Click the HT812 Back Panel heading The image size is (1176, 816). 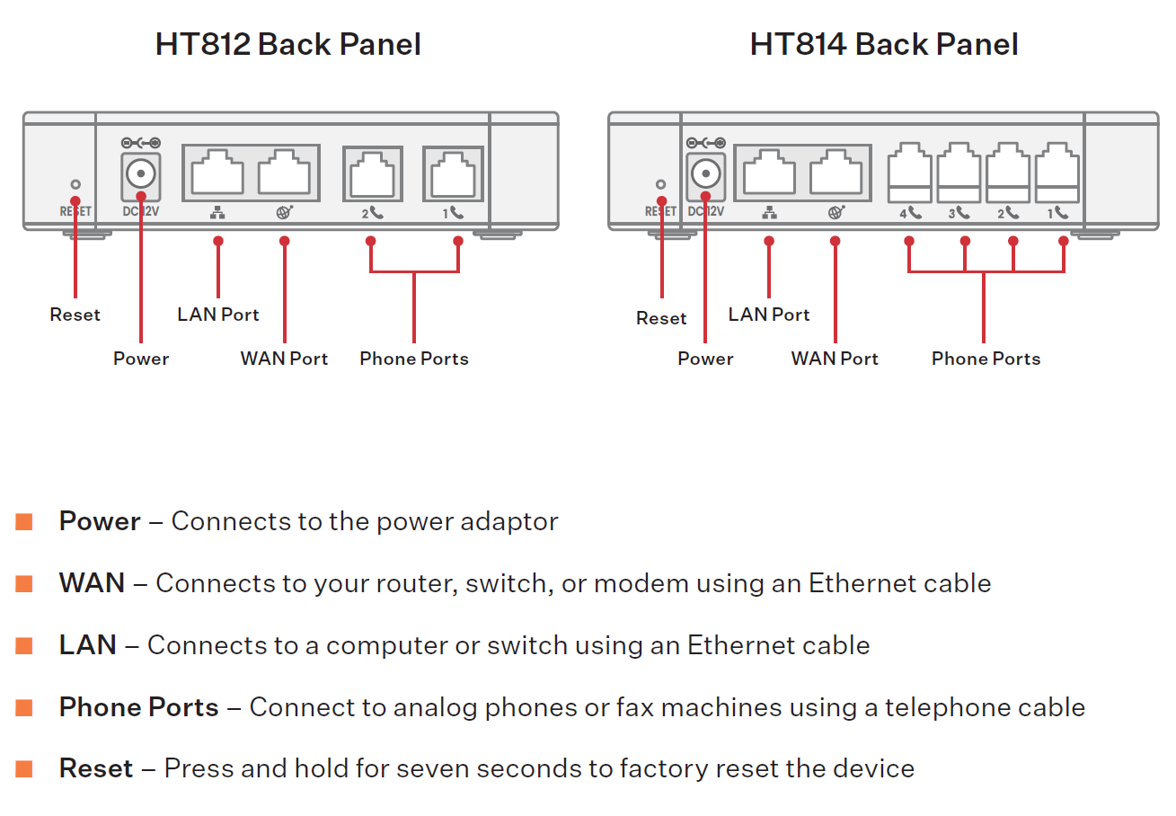point(287,44)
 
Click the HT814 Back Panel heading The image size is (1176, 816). point(883,44)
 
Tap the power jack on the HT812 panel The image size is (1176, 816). point(140,173)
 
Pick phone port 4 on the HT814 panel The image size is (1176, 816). point(909,173)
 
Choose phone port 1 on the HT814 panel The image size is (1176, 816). point(1057,173)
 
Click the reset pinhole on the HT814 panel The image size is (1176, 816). point(661,184)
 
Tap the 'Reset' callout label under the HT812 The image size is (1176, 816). point(75,315)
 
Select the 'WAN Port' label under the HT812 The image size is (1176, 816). point(284,359)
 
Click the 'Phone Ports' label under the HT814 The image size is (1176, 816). point(986,359)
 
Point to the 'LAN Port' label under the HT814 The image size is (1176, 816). point(769,315)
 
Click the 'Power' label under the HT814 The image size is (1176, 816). point(705,359)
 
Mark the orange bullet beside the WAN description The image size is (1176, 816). point(24,583)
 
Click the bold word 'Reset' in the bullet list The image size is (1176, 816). point(96,769)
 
